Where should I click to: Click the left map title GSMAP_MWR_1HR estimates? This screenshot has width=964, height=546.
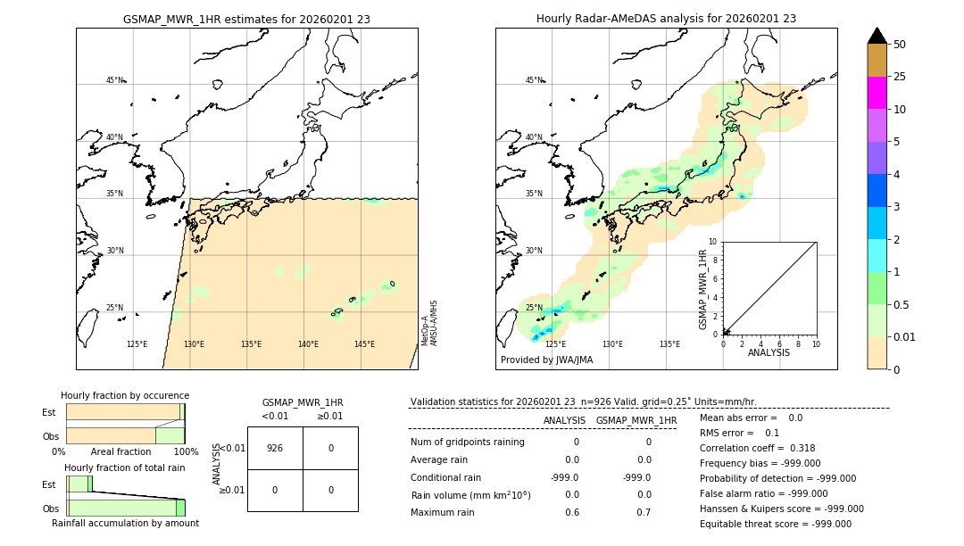[246, 19]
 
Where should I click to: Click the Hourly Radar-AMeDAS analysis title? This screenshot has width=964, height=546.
[666, 19]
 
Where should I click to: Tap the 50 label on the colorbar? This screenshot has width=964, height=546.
[900, 45]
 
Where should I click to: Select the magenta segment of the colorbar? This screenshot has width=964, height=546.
[877, 93]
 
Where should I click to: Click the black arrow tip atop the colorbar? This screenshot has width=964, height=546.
[877, 34]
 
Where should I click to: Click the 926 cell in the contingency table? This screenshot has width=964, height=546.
[275, 448]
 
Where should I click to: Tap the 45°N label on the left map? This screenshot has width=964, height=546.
[114, 80]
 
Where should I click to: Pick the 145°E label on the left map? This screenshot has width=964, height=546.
[364, 344]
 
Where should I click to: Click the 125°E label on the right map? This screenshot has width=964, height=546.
[555, 344]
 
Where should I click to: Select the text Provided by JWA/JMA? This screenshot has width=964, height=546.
[546, 360]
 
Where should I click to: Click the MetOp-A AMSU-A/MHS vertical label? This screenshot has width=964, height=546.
[429, 323]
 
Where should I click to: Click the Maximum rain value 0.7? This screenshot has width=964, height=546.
[644, 512]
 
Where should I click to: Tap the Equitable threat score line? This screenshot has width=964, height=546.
[775, 524]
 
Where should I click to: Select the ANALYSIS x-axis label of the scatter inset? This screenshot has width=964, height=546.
[769, 353]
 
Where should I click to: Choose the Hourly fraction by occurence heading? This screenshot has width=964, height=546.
[125, 395]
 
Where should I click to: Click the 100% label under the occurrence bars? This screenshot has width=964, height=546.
[186, 451]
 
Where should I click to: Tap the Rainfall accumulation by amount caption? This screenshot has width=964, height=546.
[125, 523]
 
